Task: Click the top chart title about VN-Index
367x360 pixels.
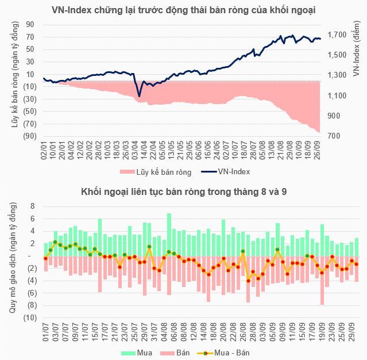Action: [183, 10]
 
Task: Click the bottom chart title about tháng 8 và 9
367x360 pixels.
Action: [184, 192]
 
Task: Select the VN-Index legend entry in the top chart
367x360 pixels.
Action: [234, 171]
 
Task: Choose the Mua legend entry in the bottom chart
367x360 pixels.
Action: [140, 351]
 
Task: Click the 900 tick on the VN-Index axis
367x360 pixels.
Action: [336, 116]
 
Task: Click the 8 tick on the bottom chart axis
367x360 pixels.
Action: [33, 206]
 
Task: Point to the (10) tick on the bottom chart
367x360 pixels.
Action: [30, 318]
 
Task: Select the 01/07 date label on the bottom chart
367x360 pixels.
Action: [45, 332]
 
